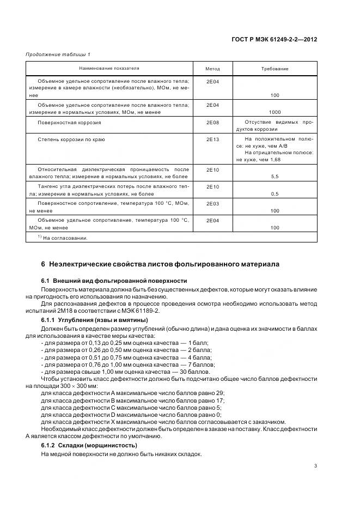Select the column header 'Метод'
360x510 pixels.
(212, 69)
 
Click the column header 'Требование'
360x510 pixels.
(275, 69)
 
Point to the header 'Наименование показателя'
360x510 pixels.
(109, 69)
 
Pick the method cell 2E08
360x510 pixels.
(212, 122)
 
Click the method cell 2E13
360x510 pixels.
(212, 139)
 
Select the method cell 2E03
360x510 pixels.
(212, 203)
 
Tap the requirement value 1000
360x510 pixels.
(275, 112)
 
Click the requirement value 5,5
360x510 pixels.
(275, 177)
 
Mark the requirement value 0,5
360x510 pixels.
(275, 193)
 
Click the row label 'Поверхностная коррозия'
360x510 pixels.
(69, 123)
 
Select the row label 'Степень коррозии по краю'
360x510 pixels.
(71, 139)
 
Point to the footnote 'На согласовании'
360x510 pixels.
(65, 238)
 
